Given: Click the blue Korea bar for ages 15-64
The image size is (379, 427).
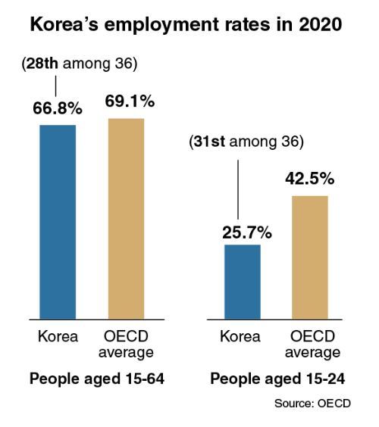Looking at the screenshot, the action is (x=58, y=222).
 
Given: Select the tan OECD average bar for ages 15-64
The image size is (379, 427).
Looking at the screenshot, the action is (x=127, y=219).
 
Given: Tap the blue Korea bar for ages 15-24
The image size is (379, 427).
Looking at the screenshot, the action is (x=243, y=282).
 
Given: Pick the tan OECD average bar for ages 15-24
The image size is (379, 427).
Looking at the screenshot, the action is (x=310, y=257).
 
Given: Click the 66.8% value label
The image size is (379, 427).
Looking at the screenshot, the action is (x=58, y=108).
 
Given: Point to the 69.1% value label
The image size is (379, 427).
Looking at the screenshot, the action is (x=130, y=101).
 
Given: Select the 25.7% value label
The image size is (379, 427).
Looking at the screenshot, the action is (x=247, y=233).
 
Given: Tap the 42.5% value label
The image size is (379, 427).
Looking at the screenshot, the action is (x=310, y=179).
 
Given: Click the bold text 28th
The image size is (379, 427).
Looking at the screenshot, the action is (x=42, y=64).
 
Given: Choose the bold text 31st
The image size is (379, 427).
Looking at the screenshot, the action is (x=209, y=142).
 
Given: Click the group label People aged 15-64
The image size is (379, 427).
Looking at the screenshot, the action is (x=97, y=379).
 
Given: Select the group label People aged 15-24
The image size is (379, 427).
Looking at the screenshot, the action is (x=277, y=379).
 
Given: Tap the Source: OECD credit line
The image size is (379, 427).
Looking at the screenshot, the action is (x=312, y=404).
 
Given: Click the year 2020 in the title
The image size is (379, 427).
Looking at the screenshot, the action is (x=321, y=24).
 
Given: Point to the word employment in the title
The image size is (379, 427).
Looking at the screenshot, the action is (x=161, y=25).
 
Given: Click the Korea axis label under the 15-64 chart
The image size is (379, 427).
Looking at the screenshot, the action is (x=58, y=336).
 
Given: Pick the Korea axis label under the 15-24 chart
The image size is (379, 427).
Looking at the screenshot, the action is (x=240, y=336).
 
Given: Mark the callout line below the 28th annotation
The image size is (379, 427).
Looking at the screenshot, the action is (x=56, y=86).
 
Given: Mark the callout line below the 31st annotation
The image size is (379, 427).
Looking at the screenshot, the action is (x=238, y=189).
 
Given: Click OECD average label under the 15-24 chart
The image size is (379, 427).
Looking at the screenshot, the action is (x=312, y=344).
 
